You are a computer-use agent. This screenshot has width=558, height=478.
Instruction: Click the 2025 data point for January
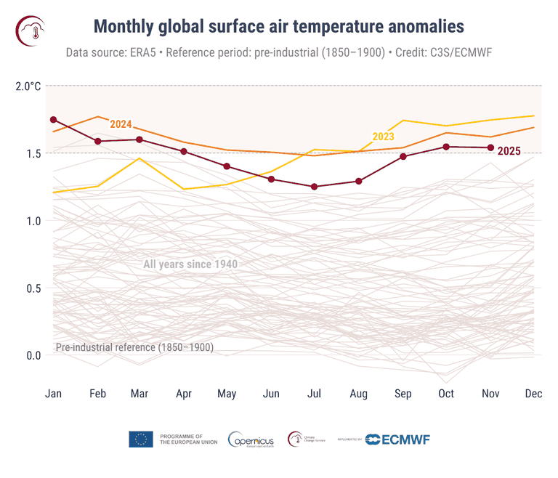click(x=53, y=119)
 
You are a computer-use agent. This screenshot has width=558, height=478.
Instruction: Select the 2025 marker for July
click(x=315, y=187)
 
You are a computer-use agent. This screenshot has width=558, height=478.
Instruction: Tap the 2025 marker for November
click(x=490, y=147)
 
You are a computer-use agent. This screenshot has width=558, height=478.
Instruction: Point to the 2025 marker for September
click(x=403, y=156)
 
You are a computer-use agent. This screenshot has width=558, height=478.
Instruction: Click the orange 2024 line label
click(x=121, y=124)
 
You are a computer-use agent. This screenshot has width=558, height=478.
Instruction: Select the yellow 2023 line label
click(x=383, y=137)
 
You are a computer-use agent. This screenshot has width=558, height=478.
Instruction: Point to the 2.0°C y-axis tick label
click(x=28, y=86)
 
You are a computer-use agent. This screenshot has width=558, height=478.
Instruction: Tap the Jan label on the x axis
click(x=53, y=394)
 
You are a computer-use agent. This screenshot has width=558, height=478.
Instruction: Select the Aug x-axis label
click(x=358, y=394)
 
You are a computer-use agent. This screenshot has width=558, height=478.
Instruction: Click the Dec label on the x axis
click(x=533, y=394)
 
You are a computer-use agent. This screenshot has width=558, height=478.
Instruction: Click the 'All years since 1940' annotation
click(x=190, y=264)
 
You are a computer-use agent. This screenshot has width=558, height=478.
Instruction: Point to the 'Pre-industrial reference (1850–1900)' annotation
click(x=134, y=347)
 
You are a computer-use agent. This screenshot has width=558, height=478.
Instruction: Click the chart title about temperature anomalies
click(x=278, y=27)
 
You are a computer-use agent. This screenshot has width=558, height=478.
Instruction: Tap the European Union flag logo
click(x=140, y=439)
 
